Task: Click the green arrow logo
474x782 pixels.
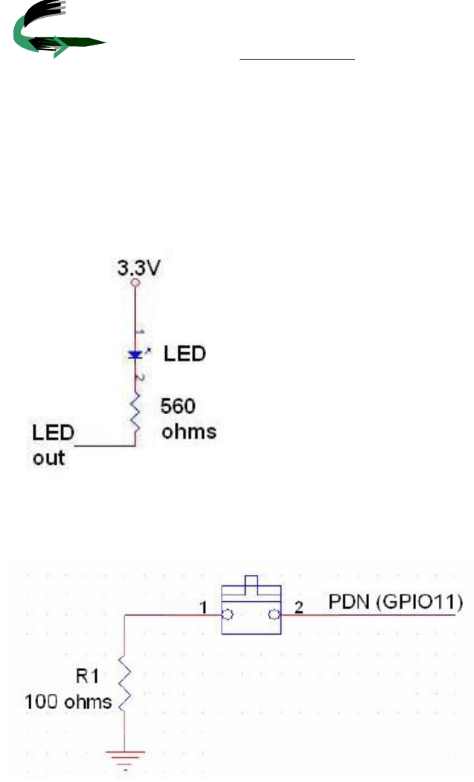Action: coord(52,34)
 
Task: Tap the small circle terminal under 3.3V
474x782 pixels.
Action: coord(135,284)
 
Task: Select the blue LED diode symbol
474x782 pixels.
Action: coord(135,355)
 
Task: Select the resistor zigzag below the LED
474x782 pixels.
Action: coord(135,416)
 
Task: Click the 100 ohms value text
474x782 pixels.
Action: coord(68,701)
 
